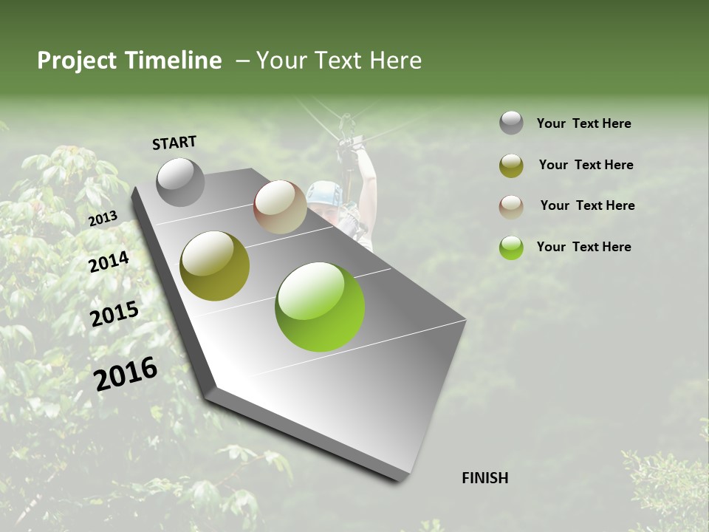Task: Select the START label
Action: (x=174, y=143)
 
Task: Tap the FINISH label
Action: (x=485, y=478)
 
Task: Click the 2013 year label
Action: (x=103, y=218)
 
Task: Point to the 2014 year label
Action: (x=109, y=262)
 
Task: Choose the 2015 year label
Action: (x=114, y=314)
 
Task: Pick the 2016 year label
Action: (x=126, y=374)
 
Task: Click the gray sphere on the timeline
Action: (x=180, y=182)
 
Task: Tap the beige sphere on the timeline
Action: (x=280, y=207)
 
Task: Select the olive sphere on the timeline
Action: (x=215, y=266)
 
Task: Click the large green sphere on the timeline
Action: (x=320, y=307)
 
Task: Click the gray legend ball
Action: (x=511, y=123)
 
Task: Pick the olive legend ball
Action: (x=511, y=166)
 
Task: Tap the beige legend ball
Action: (x=511, y=206)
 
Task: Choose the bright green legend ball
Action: (x=511, y=248)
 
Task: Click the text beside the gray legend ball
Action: (x=583, y=124)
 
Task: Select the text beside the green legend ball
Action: (x=583, y=247)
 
